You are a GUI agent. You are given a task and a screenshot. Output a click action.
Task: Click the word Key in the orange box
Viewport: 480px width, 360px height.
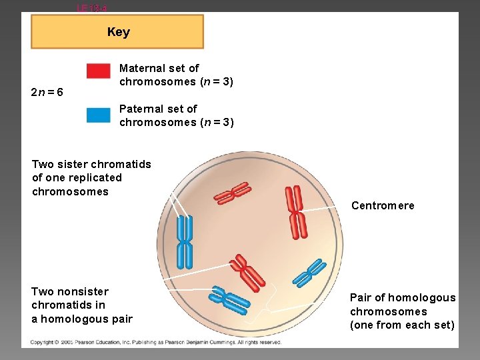118,32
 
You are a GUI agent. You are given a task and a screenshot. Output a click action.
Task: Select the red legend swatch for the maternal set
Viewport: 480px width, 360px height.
98,71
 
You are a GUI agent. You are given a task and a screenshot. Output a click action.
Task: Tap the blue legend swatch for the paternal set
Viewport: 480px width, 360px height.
98,115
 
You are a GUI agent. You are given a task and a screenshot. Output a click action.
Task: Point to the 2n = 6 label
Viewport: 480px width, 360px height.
47,92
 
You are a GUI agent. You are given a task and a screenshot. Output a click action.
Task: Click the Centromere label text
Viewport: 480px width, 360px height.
383,205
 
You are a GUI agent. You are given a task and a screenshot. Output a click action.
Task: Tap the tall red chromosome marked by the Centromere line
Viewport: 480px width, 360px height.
295,212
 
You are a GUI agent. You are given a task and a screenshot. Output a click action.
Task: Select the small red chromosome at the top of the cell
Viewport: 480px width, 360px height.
231,194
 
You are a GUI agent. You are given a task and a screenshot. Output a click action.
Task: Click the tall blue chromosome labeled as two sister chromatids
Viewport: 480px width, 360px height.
184,243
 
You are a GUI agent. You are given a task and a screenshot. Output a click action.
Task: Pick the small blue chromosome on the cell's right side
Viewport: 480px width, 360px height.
310,273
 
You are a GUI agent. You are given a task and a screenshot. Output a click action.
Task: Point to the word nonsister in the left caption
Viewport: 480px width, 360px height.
82,291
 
